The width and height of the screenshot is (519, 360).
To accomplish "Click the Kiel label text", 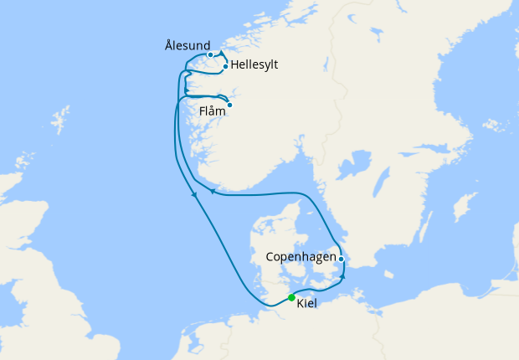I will pyautogui.click(x=306, y=302).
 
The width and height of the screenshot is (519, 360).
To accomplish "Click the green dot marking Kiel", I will pyautogui.click(x=291, y=297).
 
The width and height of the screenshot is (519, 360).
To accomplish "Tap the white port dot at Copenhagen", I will pyautogui.click(x=342, y=259).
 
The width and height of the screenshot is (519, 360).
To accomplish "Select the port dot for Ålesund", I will pyautogui.click(x=210, y=55).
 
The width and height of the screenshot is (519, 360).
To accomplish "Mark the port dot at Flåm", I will pyautogui.click(x=229, y=105).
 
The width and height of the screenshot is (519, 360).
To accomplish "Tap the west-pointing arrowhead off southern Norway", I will pyautogui.click(x=213, y=192).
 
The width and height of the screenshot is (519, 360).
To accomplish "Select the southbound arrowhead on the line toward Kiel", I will pyautogui.click(x=195, y=196).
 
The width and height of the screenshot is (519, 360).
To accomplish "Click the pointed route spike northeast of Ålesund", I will pyautogui.click(x=221, y=52).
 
